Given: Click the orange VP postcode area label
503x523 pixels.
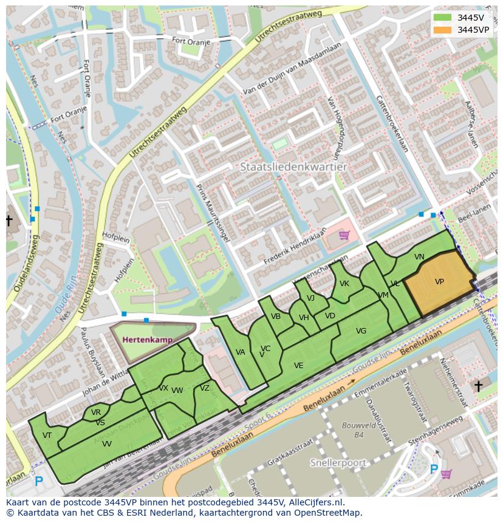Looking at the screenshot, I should (439, 282).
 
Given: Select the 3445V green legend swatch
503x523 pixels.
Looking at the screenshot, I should (443, 18).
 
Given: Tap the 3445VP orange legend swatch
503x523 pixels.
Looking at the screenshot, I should (443, 30).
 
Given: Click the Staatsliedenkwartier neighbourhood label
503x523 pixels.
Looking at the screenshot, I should (293, 166).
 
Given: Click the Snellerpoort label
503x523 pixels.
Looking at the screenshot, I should (338, 463).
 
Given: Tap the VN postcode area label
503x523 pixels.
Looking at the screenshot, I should (419, 257).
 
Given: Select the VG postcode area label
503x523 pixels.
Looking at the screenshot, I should (361, 331).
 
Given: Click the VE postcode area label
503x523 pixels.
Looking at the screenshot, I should (298, 366).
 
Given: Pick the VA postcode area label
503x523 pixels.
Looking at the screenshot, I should (240, 352).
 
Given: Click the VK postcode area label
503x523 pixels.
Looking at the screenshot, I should (344, 284).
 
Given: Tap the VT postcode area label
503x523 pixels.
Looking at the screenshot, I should (47, 435).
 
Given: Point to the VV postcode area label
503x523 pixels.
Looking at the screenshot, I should (106, 444).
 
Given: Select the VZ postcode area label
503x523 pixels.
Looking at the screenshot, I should (205, 388).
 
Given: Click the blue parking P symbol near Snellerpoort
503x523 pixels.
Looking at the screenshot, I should (434, 469).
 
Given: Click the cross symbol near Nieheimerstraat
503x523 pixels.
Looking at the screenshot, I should (478, 386).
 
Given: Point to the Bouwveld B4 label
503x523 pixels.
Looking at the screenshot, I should (352, 429).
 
